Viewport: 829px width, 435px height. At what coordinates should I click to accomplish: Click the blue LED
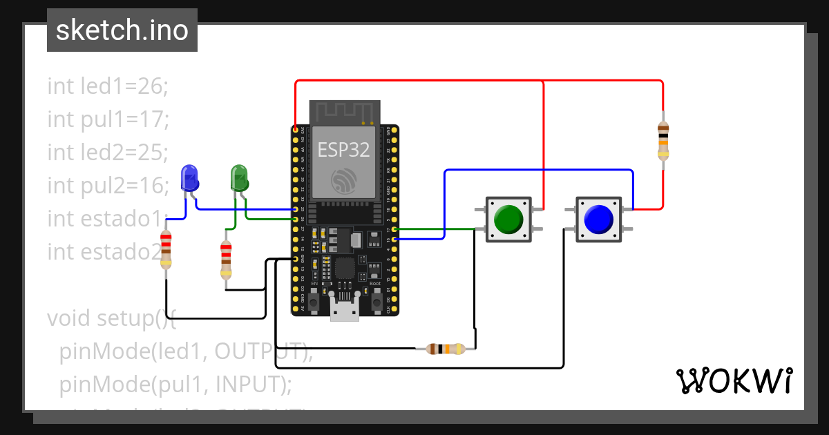point(189,178)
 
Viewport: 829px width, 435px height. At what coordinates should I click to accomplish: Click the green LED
point(239,178)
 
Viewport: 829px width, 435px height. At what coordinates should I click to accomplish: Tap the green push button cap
point(509,219)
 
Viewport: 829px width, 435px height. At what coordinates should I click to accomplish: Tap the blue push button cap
point(598,219)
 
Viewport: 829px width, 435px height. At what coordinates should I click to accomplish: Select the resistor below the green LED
point(226,259)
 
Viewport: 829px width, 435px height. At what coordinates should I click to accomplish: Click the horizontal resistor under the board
point(445,349)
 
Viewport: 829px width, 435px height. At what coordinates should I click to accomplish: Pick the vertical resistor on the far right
point(663,139)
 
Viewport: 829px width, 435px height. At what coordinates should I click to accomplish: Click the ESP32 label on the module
point(343,148)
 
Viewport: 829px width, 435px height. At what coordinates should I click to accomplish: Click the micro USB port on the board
point(344,309)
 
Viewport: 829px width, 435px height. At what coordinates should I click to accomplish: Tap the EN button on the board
point(314,301)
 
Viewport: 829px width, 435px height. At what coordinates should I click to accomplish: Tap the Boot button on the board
point(377,301)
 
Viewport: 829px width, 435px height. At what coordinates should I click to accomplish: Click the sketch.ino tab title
point(122,30)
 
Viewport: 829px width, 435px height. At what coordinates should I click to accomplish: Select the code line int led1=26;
point(108,86)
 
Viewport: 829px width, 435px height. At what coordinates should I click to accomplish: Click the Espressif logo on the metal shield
point(343,181)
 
